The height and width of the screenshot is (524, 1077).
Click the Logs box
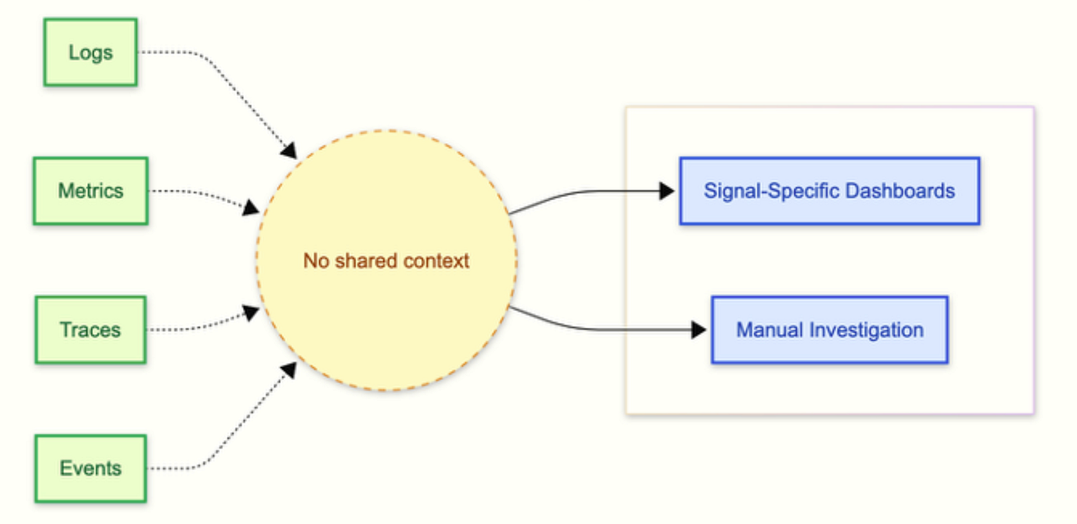point(91,52)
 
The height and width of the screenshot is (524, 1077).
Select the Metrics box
point(91,191)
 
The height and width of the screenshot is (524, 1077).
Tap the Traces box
point(91,330)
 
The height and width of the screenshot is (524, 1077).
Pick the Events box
point(91,469)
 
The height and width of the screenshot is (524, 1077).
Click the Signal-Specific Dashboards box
point(830,191)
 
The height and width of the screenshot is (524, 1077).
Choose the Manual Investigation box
point(830,330)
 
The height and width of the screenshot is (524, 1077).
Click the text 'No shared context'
point(386,261)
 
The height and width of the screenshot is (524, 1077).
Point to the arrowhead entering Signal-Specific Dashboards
point(667,191)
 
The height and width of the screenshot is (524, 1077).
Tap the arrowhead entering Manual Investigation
point(699,330)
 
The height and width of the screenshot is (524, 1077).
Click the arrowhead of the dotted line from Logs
point(289,151)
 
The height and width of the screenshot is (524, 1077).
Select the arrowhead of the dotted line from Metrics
point(252,207)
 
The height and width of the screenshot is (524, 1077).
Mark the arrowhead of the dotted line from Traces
point(252,313)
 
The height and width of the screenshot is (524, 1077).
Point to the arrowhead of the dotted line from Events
point(289,370)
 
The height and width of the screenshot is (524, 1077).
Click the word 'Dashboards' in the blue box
point(900,191)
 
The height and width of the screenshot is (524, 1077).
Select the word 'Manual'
point(770,330)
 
